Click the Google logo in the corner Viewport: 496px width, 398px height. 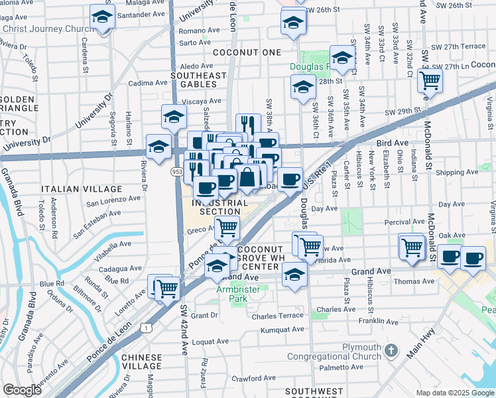tap(22, 390)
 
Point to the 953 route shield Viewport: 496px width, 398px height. tap(176, 172)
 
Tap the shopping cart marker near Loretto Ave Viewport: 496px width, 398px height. tap(167, 289)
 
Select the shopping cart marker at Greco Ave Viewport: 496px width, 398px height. tap(227, 228)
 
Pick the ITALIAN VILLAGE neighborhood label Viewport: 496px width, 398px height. tap(82, 189)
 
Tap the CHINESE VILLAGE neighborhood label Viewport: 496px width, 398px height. tap(142, 362)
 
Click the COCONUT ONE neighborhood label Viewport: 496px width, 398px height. tap(247, 52)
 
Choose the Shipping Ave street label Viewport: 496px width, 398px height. tap(458, 172)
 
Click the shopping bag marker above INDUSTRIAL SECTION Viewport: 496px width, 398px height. tap(247, 177)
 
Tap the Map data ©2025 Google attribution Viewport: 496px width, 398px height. tap(454, 393)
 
